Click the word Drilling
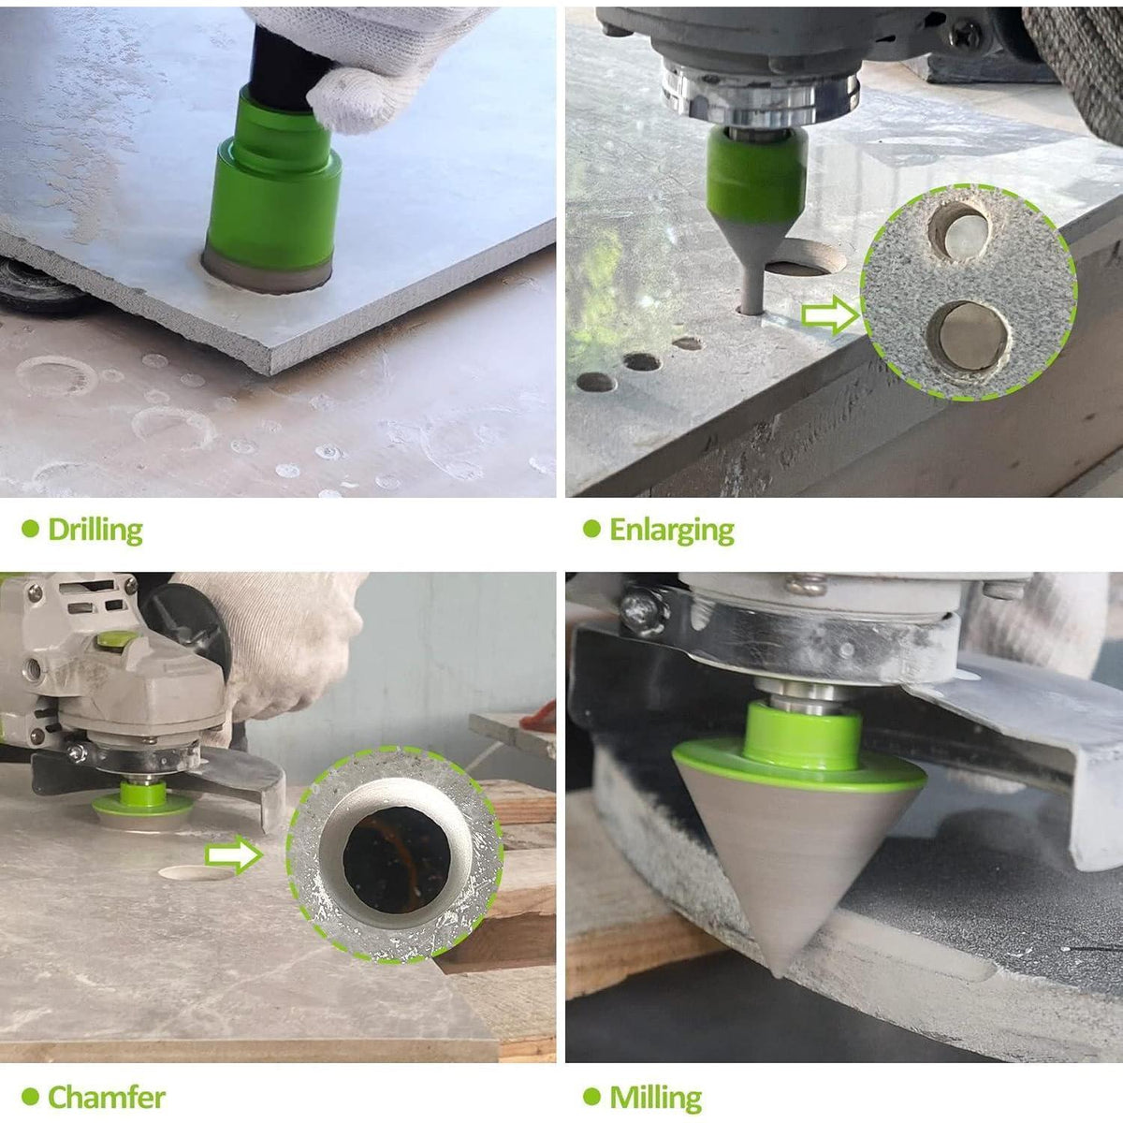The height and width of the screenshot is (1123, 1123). pyautogui.click(x=95, y=530)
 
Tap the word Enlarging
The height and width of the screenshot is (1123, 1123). pyautogui.click(x=671, y=530)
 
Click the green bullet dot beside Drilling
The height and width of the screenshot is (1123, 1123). pyautogui.click(x=30, y=529)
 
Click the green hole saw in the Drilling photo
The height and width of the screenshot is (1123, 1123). pyautogui.click(x=271, y=193)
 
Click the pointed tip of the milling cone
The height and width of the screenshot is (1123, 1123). pyautogui.click(x=778, y=974)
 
